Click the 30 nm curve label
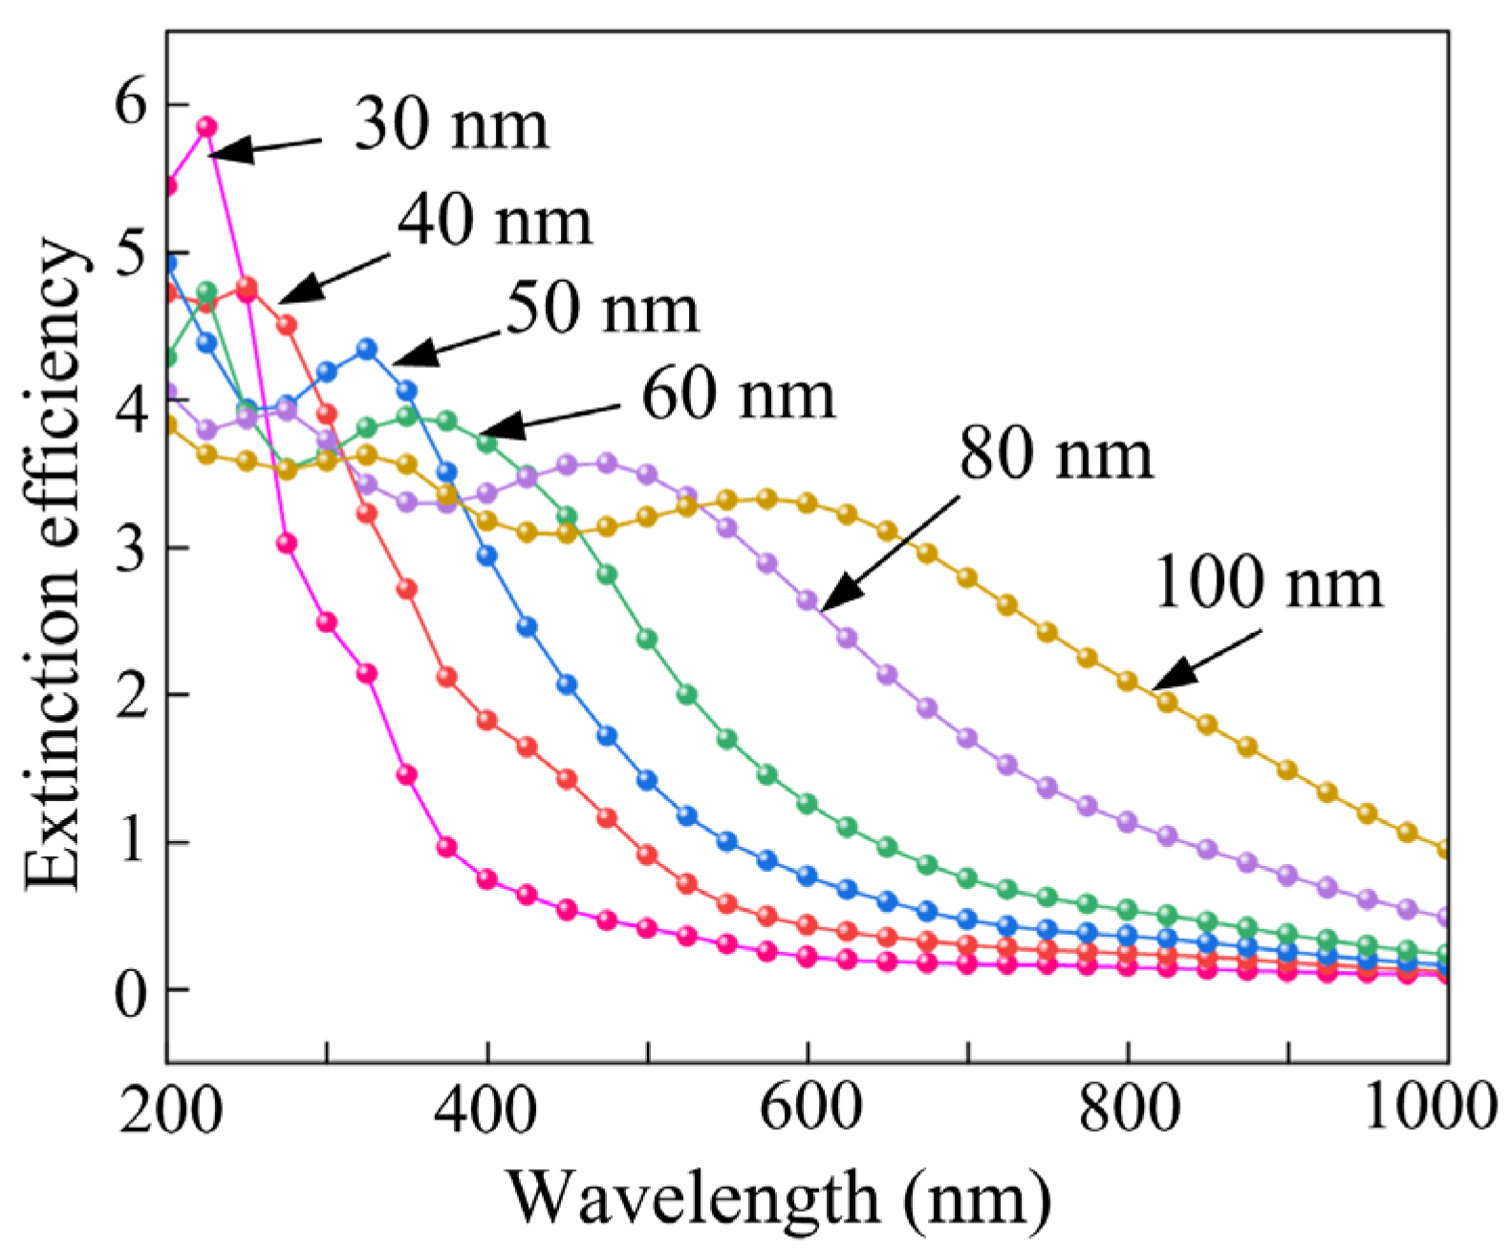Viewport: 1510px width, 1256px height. [x=451, y=125]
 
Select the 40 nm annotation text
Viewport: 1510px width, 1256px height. [x=495, y=222]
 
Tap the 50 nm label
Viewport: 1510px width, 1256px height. [x=602, y=310]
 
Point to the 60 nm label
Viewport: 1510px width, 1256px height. [x=738, y=395]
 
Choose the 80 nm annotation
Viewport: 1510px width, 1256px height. [x=1056, y=454]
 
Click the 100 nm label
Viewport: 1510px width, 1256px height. [x=1268, y=583]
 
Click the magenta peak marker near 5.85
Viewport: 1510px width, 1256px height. [x=206, y=127]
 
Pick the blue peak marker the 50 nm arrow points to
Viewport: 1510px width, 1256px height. [x=367, y=349]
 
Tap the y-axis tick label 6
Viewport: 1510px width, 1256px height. [x=132, y=104]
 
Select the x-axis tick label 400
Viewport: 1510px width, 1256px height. [x=487, y=1110]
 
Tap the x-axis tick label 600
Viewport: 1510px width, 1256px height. [x=809, y=1110]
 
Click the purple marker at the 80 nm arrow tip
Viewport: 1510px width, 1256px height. [x=808, y=600]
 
